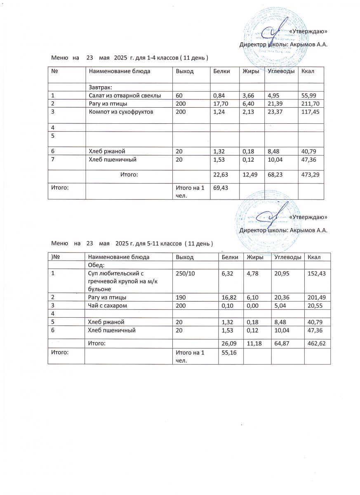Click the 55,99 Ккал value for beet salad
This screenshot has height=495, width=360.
coord(310,96)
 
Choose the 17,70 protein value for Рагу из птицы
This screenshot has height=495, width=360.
coord(220,104)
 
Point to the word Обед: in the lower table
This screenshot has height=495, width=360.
coord(96,264)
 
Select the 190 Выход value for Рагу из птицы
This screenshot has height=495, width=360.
coord(181,297)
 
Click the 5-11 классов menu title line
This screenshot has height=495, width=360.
coord(132,244)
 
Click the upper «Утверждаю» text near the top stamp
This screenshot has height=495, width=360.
coord(308,31)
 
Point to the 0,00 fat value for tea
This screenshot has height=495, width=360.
coord(252,305)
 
